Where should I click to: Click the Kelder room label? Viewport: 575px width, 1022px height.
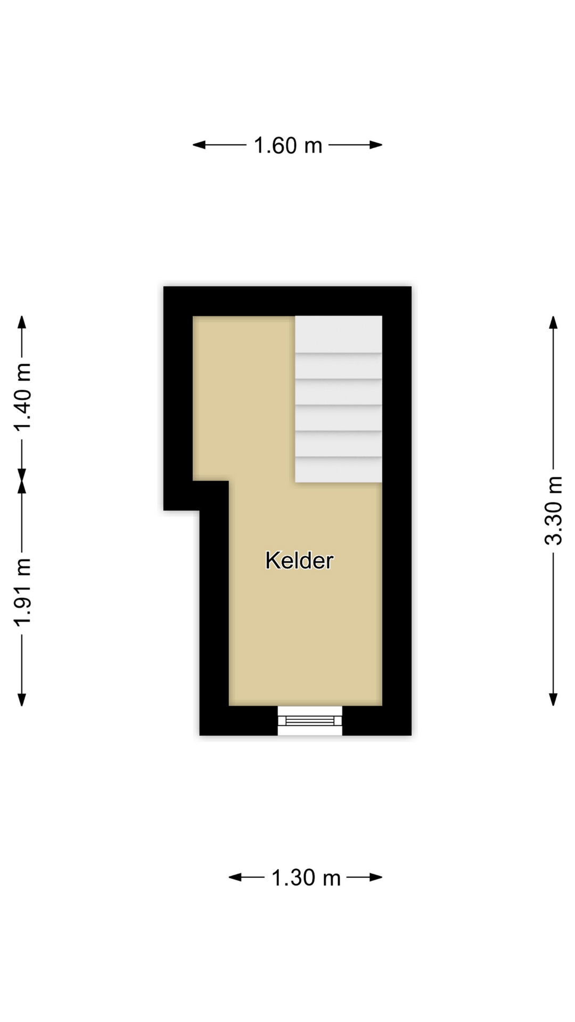pos(299,561)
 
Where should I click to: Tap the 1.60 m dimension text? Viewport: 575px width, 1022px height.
pos(288,145)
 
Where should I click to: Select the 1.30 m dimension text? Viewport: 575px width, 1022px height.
pos(306,878)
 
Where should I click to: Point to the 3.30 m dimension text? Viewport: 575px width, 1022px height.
pos(554,510)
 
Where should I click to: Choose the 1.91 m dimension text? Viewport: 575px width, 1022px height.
pos(22,592)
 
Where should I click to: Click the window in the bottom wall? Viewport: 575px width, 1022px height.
pos(310,721)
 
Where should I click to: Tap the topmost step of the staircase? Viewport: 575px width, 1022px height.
pos(339,334)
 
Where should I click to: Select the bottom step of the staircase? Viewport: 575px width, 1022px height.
pos(339,469)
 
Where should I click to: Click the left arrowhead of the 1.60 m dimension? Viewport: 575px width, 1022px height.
pos(199,145)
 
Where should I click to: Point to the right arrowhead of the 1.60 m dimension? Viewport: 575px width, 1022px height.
pos(376,145)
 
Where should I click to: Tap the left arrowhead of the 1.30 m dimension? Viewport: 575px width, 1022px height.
pos(235,877)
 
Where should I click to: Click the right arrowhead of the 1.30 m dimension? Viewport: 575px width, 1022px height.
pos(376,877)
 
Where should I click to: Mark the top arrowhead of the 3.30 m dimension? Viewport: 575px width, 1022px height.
pos(554,323)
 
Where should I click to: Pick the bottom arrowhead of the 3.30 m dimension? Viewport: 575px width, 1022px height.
pos(554,699)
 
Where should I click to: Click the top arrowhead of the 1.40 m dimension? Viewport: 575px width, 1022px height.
pos(22,323)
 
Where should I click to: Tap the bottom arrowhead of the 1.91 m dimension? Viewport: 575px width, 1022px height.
pos(22,699)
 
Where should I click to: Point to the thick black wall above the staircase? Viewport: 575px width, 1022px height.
pos(287,301)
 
